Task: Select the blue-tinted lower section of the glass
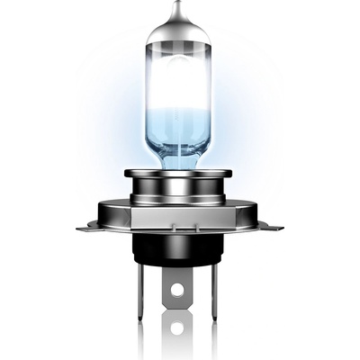(181, 144)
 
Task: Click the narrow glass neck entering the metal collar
(181, 164)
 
